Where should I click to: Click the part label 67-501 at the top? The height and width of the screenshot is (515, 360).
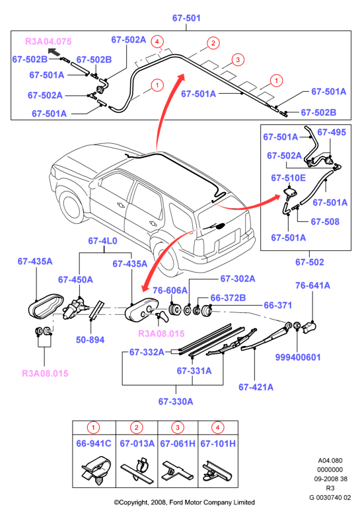coord(186,18)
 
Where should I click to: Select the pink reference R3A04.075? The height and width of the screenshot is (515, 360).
coord(48,42)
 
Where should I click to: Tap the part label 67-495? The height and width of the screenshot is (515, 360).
coord(332,132)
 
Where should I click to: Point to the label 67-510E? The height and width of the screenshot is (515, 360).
coord(288,178)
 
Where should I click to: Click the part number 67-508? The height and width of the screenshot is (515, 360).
coord(325,222)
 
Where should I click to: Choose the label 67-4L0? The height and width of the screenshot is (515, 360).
coord(102,241)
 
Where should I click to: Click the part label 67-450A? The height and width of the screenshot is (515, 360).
coord(75,280)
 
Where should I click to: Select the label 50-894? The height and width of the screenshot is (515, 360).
coord(90,339)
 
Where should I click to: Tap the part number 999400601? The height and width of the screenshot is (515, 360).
coord(298,357)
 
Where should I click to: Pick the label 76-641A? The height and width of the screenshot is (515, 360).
coord(312,285)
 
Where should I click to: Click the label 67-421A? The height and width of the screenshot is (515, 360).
coord(256,387)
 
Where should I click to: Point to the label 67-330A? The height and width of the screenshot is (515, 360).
coord(176,401)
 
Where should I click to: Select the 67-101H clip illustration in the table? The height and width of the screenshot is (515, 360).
coord(217,471)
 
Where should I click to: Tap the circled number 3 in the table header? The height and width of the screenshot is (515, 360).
coord(178,428)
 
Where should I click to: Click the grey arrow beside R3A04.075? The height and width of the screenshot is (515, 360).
coord(54,51)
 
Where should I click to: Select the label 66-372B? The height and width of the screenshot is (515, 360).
coord(228,298)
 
